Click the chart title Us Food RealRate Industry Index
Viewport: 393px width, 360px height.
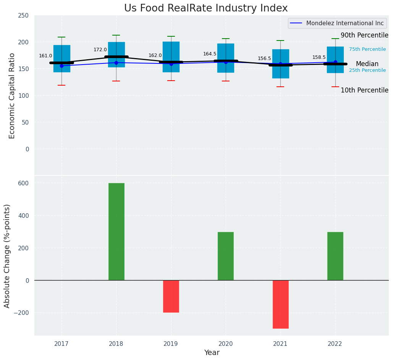pos(206,8)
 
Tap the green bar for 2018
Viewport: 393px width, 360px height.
pos(116,232)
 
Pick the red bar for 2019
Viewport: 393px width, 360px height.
pos(171,296)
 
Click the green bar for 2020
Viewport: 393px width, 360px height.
pos(225,256)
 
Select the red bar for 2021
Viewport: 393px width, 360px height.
pos(280,304)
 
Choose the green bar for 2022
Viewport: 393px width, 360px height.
pos(335,256)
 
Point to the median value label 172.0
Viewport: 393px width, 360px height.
pos(100,50)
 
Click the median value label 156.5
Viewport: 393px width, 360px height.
pos(264,58)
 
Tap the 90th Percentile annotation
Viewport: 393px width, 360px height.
pos(364,35)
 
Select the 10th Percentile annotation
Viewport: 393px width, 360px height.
pos(364,90)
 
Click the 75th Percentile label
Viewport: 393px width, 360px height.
pos(367,49)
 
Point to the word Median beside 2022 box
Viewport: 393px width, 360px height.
pos(367,64)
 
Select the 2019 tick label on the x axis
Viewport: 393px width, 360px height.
pos(171,344)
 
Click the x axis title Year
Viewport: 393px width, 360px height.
pos(212,353)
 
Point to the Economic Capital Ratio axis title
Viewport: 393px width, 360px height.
pos(12,96)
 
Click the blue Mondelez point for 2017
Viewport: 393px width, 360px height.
pos(61,66)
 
